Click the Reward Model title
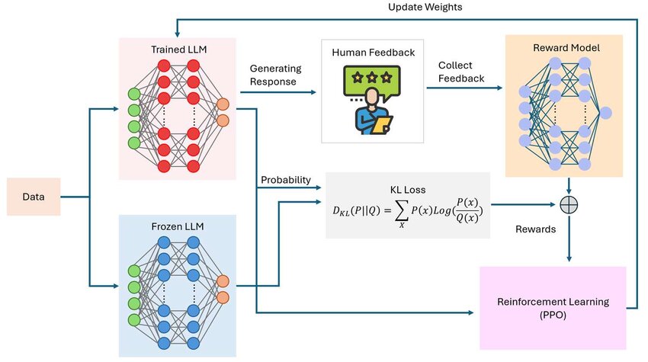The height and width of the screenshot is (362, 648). pos(565,47)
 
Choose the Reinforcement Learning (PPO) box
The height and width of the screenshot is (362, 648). pos(553,308)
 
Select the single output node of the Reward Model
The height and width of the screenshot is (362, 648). pos(605,114)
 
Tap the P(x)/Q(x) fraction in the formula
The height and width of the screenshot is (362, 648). pos(470,206)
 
